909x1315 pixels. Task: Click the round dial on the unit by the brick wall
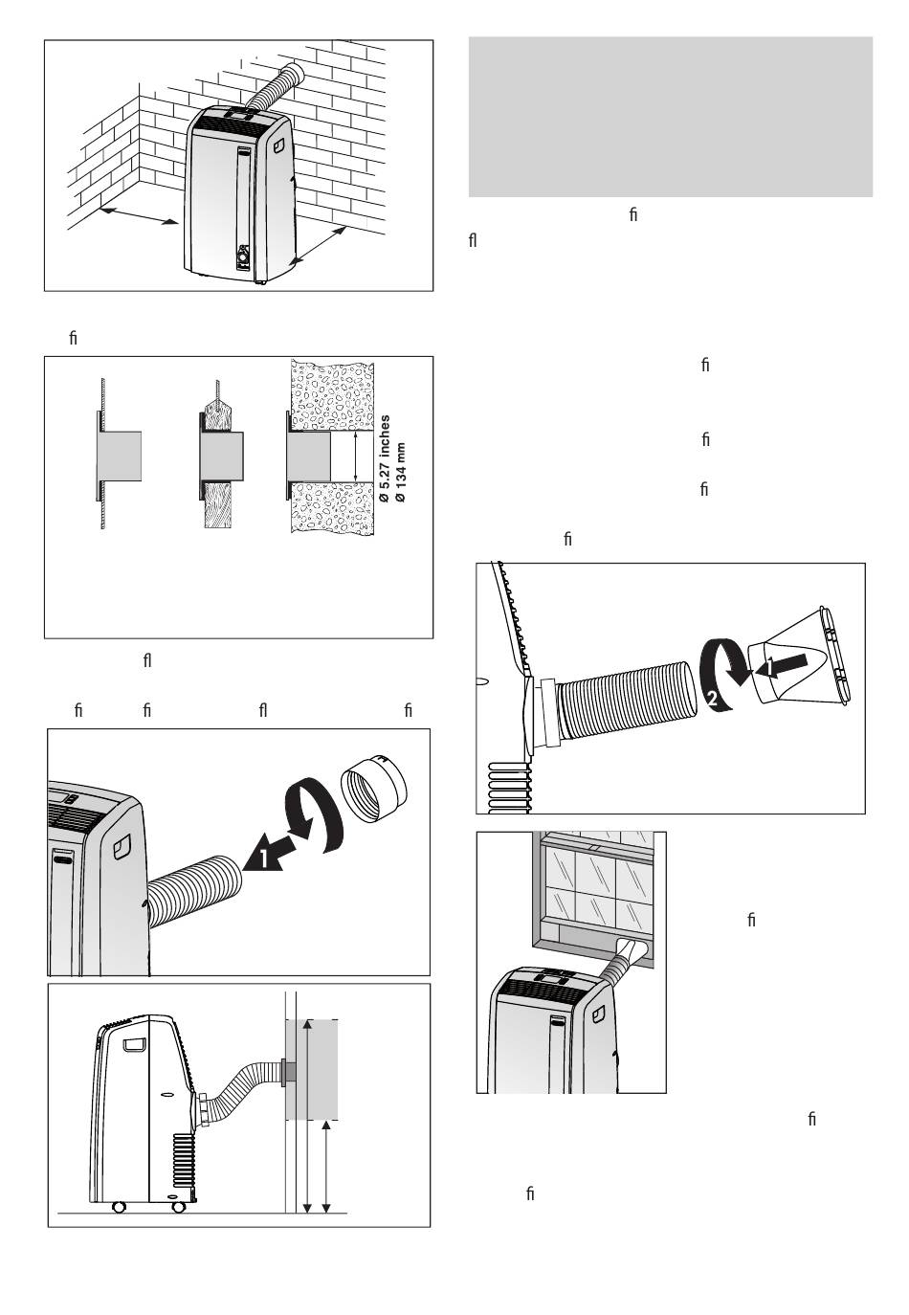(243, 257)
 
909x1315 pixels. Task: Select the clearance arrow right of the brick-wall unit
(317, 245)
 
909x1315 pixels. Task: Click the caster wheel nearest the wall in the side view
(178, 1207)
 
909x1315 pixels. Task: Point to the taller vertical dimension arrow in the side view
(306, 1116)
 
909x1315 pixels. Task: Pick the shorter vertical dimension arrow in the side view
(328, 1167)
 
